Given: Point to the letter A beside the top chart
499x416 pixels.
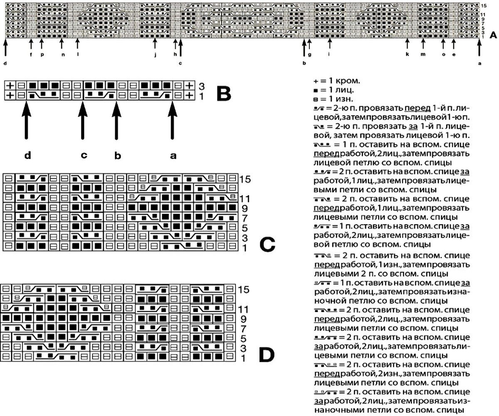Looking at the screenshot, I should (x=493, y=35).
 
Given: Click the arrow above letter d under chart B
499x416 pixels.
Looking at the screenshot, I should (x=27, y=121).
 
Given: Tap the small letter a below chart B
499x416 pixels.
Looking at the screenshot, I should (x=173, y=156).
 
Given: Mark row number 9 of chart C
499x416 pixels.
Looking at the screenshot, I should (x=244, y=207).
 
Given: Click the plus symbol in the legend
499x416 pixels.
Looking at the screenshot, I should (x=316, y=80).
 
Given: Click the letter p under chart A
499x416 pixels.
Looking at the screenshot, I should (x=42, y=54).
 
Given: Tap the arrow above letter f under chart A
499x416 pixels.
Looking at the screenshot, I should (x=31, y=43).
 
